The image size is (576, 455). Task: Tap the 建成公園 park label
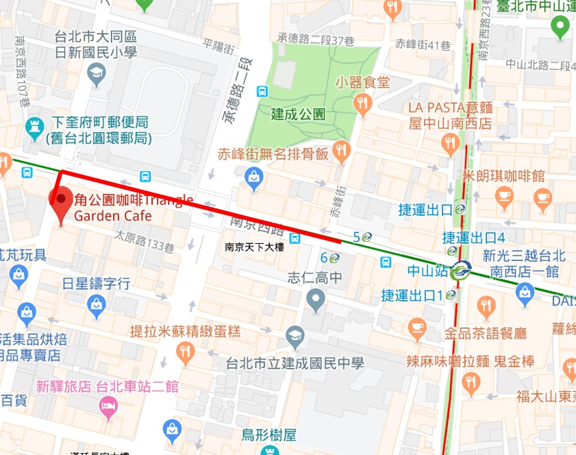coord(298,114)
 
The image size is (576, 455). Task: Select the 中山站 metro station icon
coord(460,271)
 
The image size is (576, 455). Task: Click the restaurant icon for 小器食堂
coord(363,103)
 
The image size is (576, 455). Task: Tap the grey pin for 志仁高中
coord(315,299)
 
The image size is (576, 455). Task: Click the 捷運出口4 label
coord(473,238)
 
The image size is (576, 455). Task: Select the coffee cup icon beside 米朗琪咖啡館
coord(505,197)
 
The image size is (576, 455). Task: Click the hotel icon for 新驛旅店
coord(108,408)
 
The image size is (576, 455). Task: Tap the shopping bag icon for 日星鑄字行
coord(97,303)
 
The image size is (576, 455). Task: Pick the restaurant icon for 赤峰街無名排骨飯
coord(340,151)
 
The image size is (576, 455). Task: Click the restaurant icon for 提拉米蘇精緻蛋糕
coord(185,352)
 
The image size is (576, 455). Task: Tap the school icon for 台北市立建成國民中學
coord(295,335)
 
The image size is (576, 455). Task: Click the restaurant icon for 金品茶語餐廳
coord(417,329)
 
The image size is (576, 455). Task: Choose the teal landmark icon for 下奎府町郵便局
coord(33,126)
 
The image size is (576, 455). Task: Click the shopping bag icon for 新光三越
coord(525,293)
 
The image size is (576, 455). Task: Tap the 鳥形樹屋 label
coord(268,435)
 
